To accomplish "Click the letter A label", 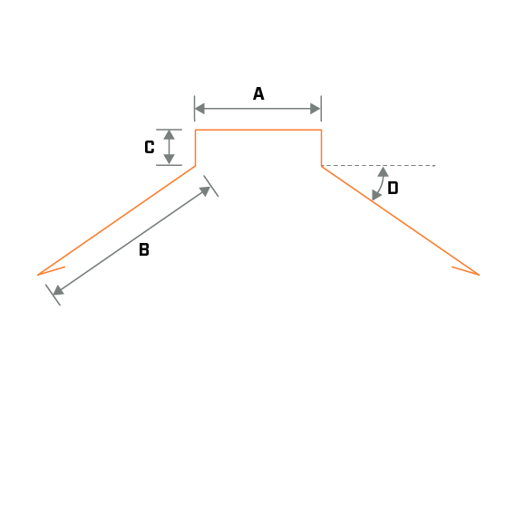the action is click(x=258, y=93).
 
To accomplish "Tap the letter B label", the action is click(x=144, y=249).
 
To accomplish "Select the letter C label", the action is click(x=150, y=147).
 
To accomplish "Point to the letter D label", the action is click(x=393, y=189).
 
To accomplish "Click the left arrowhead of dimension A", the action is click(x=199, y=109).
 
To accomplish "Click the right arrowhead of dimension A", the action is click(x=316, y=109).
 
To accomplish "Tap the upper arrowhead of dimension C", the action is click(x=170, y=135).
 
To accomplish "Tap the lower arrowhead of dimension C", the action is click(x=170, y=160).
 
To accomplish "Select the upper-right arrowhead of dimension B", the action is click(x=205, y=191).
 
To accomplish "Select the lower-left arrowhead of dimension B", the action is click(x=58, y=290).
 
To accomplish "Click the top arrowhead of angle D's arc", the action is click(x=384, y=171).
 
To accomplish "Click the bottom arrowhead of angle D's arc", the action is click(x=376, y=195).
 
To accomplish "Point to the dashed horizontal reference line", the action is click(x=378, y=166).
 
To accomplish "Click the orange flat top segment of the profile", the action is click(x=258, y=130).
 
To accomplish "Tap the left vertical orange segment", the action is click(x=196, y=148).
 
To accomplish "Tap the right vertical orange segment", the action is click(x=322, y=148).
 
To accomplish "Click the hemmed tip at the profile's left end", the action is click(x=38, y=275).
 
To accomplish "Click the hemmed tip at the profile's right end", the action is click(x=479, y=275).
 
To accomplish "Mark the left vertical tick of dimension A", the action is click(x=194, y=109).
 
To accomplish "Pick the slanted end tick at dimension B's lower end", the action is click(x=53, y=295).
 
